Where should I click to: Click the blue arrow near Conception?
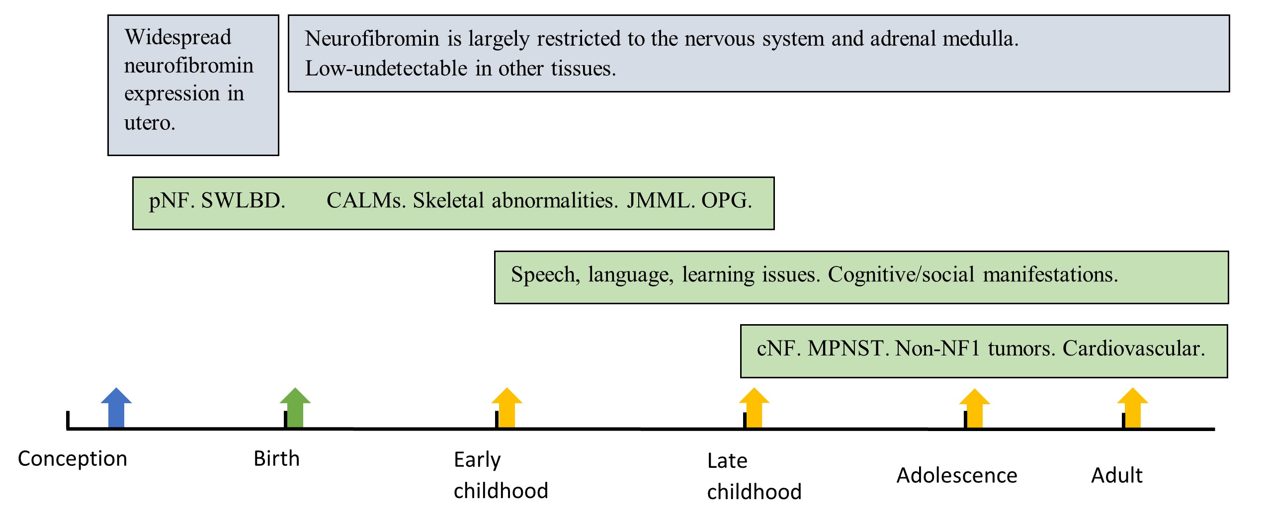116,407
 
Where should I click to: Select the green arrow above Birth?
295,407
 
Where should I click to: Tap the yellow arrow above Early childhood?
507,407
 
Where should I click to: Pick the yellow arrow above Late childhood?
754,407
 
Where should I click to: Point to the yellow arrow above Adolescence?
975,408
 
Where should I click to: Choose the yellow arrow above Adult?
1133,407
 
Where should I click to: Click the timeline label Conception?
73,458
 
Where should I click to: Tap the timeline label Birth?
277,458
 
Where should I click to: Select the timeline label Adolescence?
957,475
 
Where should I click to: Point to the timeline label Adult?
1117,475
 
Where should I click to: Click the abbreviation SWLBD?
243,200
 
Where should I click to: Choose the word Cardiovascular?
1134,349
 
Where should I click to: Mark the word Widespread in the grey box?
178,37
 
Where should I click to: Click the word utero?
150,123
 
